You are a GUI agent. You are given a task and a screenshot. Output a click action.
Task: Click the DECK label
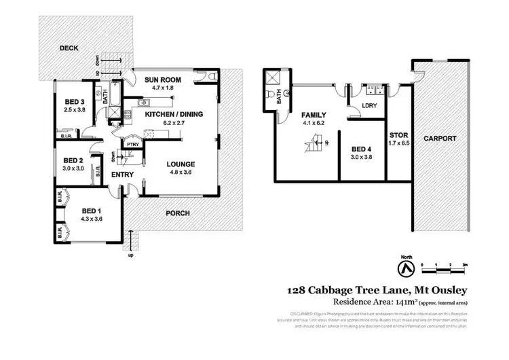click(x=69, y=49)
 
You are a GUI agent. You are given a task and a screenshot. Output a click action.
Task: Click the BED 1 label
click(x=91, y=211)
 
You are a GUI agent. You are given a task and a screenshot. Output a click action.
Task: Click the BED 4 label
click(x=362, y=148)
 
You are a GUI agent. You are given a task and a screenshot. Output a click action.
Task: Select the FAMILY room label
click(x=314, y=115)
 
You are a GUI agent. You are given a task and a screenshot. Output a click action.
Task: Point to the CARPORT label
click(x=440, y=139)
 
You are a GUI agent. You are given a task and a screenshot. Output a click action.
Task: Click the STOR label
click(x=398, y=134)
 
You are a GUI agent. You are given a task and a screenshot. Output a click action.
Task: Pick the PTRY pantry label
click(x=132, y=143)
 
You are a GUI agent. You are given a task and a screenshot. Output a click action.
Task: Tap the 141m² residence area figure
click(x=392, y=302)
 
